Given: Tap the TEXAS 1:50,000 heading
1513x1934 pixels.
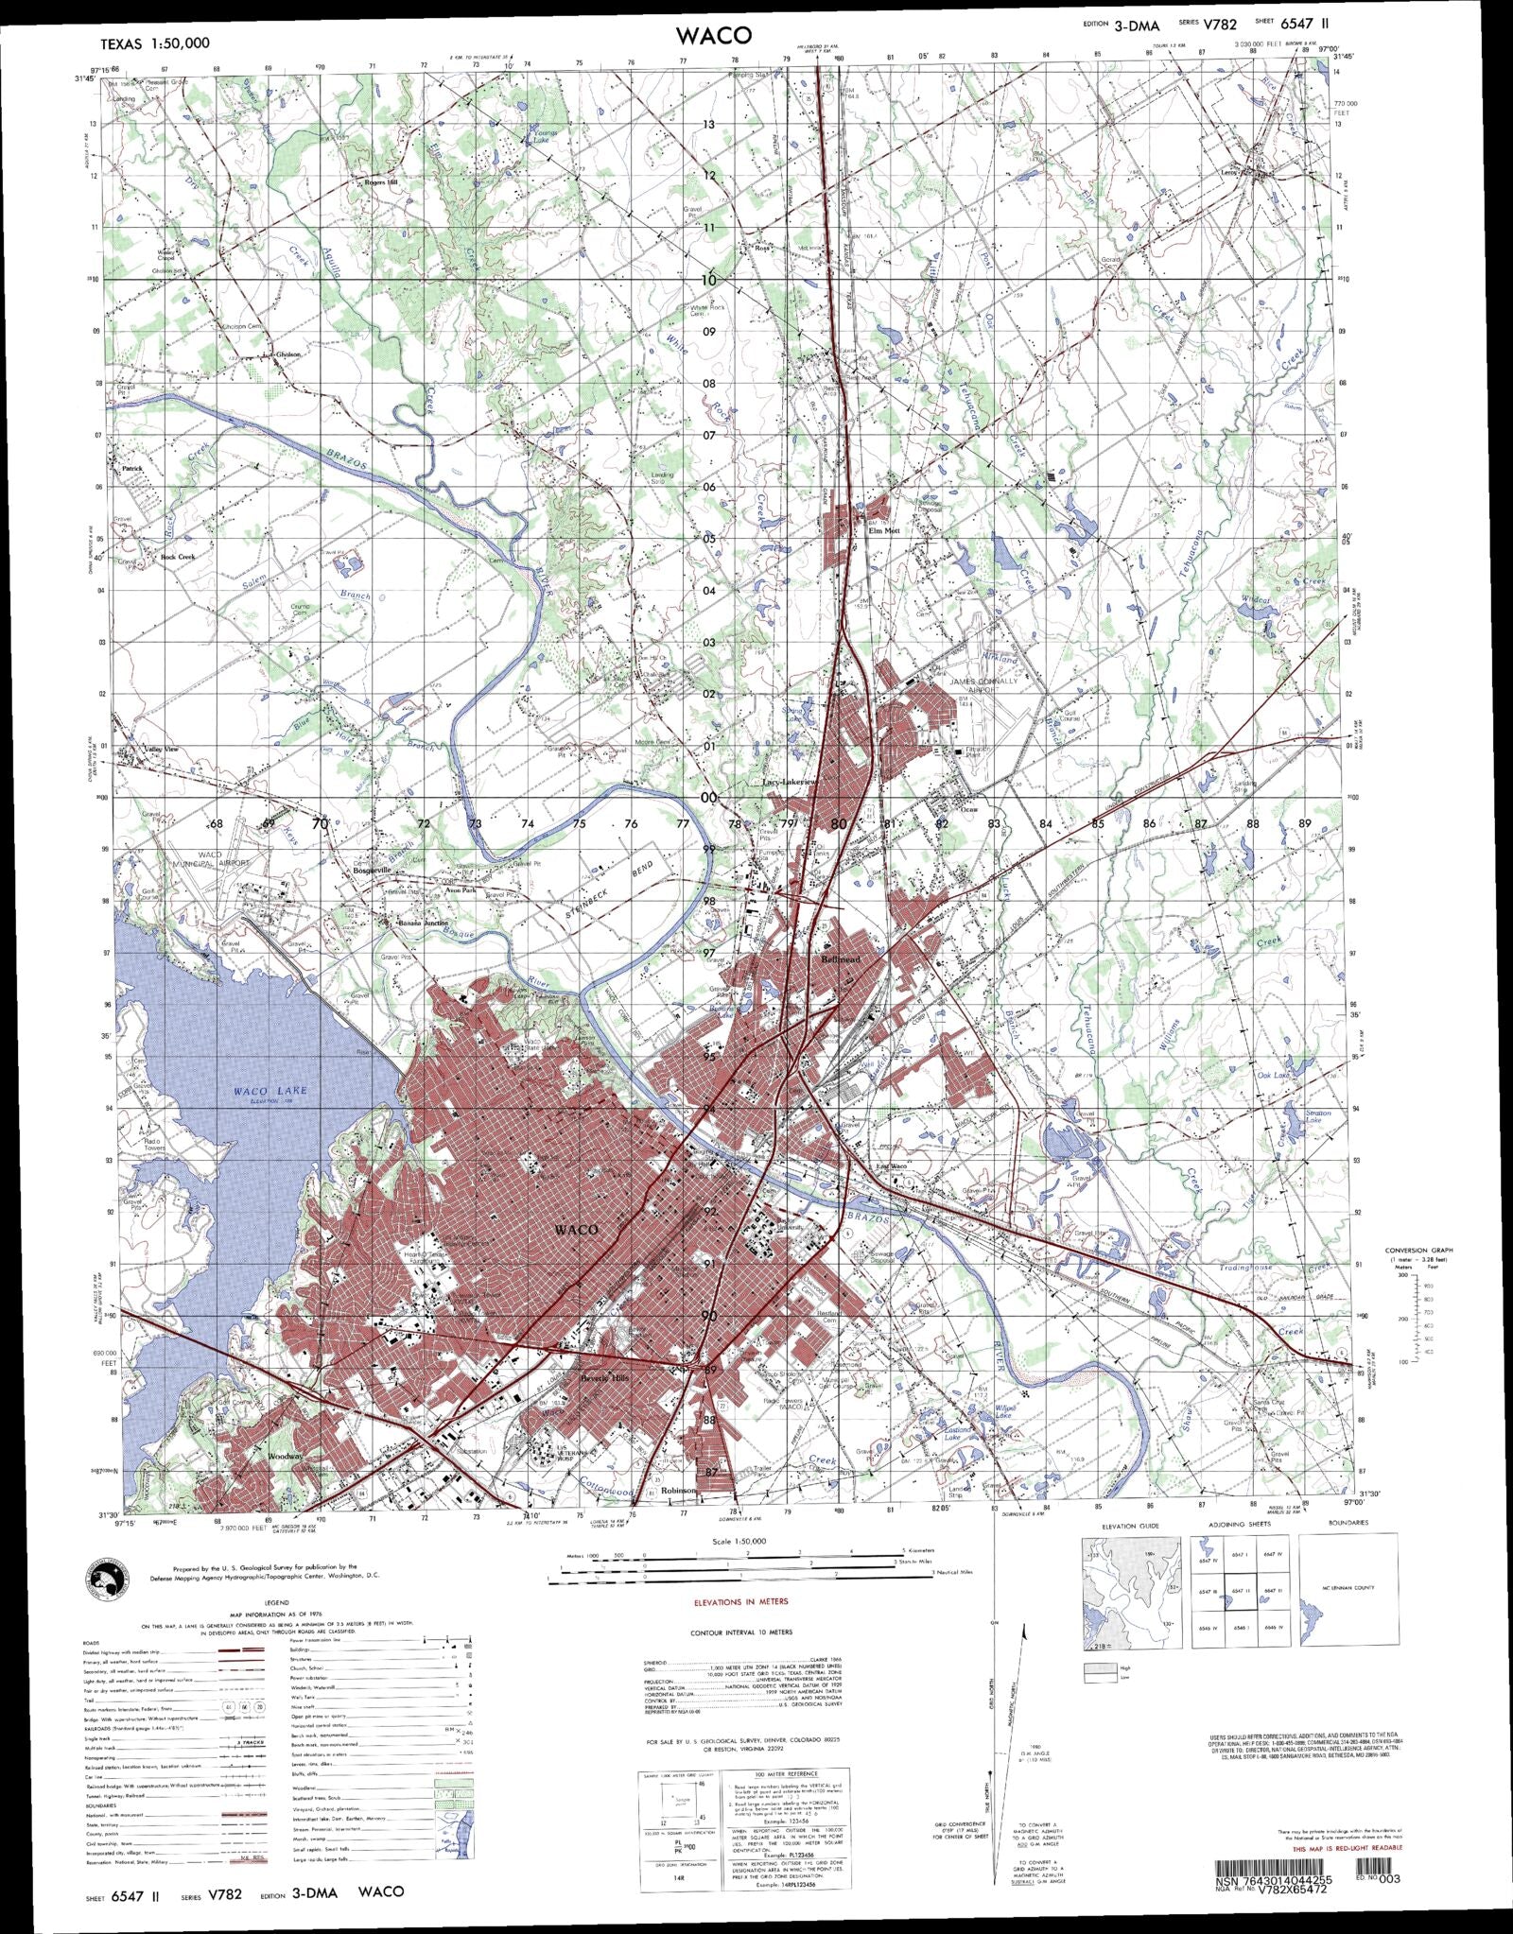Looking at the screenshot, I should (155, 43).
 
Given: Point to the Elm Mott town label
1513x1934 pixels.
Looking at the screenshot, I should (884, 531).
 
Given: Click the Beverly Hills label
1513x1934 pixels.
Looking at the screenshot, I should (603, 1377).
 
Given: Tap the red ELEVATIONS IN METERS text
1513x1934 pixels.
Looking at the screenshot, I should (740, 1601).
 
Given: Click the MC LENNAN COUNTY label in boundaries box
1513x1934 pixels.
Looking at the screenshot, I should (1348, 1588).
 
